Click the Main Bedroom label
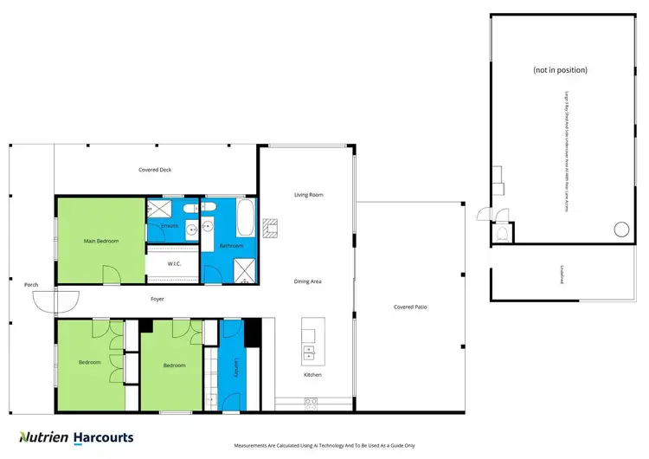point(100,241)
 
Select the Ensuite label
point(170,226)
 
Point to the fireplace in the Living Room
point(271,225)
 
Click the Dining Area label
point(308,281)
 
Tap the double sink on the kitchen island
point(308,352)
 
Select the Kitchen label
point(312,375)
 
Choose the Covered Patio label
point(410,307)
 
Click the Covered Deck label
point(155,170)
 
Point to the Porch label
point(31,284)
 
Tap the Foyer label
point(157,299)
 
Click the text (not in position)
point(560,69)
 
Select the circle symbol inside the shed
point(620,229)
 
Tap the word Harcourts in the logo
point(102,437)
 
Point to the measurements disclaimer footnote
point(324,445)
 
